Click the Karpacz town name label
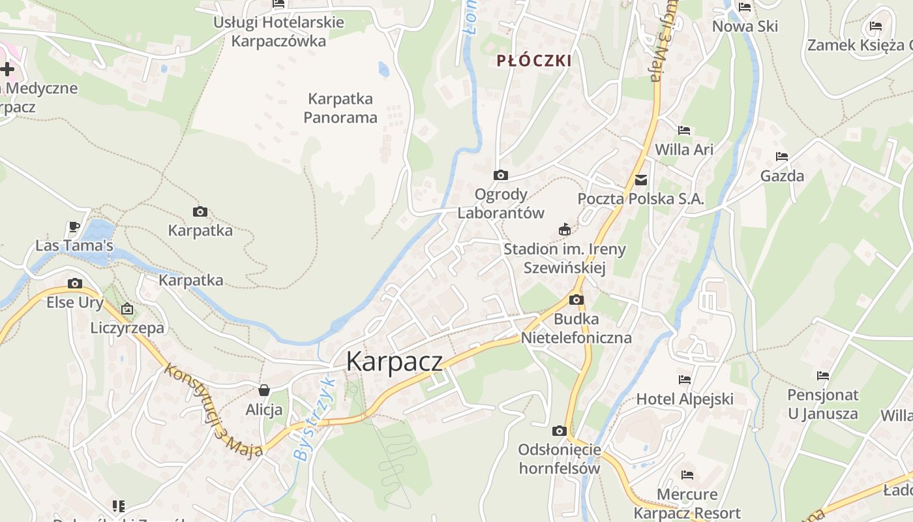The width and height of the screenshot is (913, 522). click(x=394, y=361)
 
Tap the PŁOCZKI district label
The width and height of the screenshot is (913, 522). click(x=533, y=61)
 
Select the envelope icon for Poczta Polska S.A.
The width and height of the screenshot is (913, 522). click(x=641, y=179)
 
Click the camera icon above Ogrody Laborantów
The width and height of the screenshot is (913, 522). click(x=500, y=175)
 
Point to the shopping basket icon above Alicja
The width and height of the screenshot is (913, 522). click(x=264, y=390)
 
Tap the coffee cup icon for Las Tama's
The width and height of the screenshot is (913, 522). click(x=74, y=226)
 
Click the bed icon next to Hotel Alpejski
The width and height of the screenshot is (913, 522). click(x=684, y=379)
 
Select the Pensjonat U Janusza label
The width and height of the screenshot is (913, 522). click(x=822, y=404)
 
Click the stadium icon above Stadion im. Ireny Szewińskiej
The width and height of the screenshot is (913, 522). click(x=565, y=229)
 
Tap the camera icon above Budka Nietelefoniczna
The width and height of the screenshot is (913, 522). click(x=576, y=299)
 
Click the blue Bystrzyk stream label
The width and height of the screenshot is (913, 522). click(x=314, y=420)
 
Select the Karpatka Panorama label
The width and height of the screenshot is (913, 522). click(x=340, y=108)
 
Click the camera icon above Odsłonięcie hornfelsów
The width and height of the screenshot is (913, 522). click(x=559, y=431)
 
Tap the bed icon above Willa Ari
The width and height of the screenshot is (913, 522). click(x=683, y=130)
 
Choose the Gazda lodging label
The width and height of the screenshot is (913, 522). click(x=782, y=176)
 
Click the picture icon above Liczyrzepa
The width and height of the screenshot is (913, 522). click(x=127, y=309)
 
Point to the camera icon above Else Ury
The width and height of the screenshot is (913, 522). click(x=74, y=283)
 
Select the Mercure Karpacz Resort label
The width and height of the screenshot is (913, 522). click(x=687, y=503)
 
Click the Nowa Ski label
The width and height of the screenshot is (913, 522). click(x=745, y=26)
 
